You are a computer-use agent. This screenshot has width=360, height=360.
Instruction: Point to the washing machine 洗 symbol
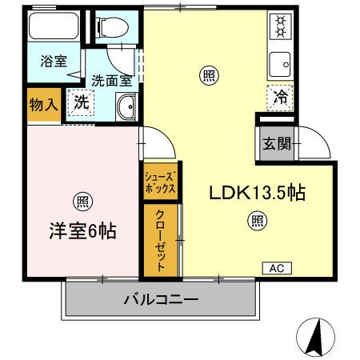tap(80, 102)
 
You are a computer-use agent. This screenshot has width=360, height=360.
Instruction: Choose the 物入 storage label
tap(43, 105)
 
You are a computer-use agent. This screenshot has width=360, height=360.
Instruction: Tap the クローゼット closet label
tap(161, 241)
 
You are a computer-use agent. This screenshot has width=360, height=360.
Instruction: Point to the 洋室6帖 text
tap(82, 231)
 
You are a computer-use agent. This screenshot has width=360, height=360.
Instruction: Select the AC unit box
tap(277, 268)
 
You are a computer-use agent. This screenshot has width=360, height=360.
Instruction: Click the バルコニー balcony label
tap(161, 301)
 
